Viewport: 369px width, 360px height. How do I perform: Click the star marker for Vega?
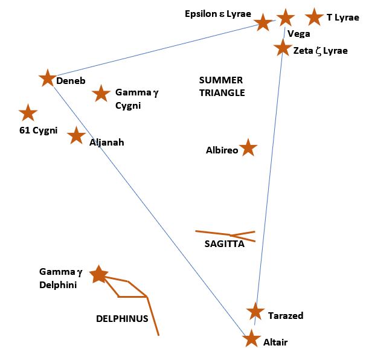285,18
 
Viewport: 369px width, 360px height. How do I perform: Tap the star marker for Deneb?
47,78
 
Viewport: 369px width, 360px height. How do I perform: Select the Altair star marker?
251,338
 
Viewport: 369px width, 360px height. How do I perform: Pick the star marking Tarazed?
255,312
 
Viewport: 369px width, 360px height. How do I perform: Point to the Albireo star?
248,147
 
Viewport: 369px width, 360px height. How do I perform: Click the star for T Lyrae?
314,17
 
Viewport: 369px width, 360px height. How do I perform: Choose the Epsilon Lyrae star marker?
263,23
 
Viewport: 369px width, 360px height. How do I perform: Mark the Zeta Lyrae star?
282,47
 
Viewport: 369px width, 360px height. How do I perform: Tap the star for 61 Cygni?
28,113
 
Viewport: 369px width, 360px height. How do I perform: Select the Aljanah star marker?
75,135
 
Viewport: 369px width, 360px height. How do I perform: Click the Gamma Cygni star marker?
101,94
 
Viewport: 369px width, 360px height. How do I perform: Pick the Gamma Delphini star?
98,274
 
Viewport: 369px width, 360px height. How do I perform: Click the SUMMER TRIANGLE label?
222,86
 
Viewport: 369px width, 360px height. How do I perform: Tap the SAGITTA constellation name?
224,244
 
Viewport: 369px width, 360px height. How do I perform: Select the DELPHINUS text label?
122,318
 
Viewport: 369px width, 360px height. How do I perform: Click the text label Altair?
275,342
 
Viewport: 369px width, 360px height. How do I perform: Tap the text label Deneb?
71,80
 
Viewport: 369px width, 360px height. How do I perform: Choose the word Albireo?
221,150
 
